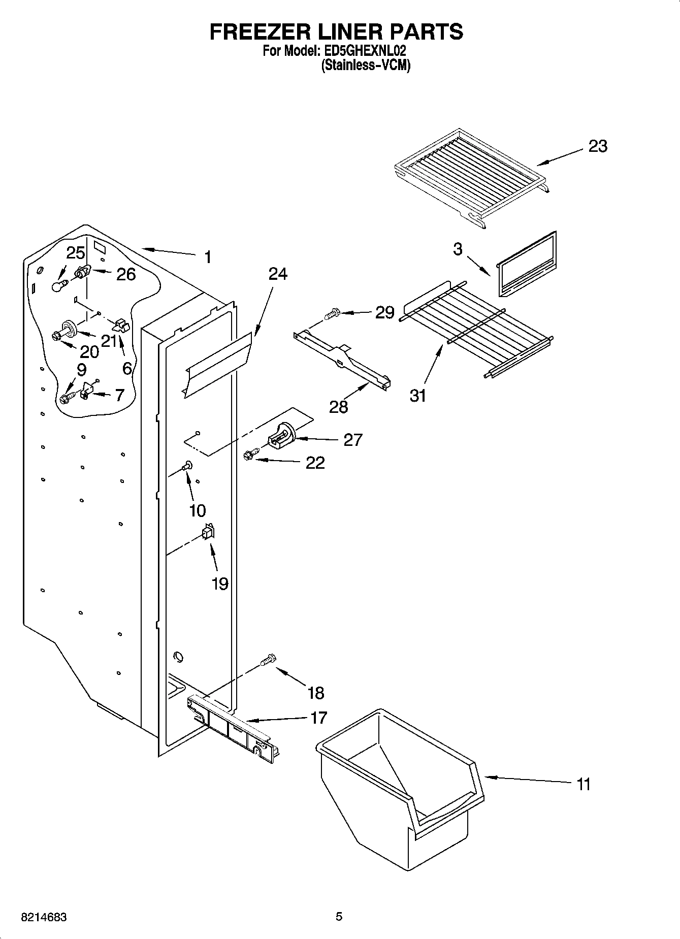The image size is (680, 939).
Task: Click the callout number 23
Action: pyautogui.click(x=597, y=146)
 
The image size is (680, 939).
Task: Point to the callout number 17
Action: pyautogui.click(x=318, y=718)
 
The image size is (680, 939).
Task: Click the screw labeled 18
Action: pyautogui.click(x=268, y=660)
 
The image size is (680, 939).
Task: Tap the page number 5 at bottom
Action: pyautogui.click(x=339, y=917)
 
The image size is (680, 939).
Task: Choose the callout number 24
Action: pyautogui.click(x=277, y=274)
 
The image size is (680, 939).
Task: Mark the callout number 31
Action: pyautogui.click(x=418, y=396)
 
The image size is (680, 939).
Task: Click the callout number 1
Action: pyautogui.click(x=207, y=257)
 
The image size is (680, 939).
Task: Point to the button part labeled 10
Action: pyautogui.click(x=187, y=464)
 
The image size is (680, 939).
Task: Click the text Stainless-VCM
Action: pyautogui.click(x=365, y=66)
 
